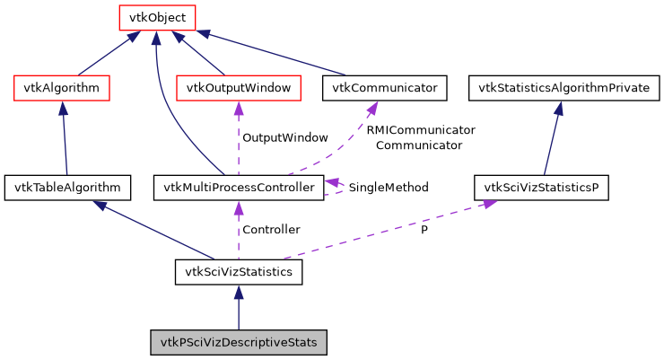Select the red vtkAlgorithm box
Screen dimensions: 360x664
pos(62,88)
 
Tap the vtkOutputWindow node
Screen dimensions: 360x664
pos(238,88)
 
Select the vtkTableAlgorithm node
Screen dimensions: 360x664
pos(67,188)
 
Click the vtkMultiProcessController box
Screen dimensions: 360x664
pos(238,188)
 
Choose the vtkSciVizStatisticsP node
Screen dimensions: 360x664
pos(541,188)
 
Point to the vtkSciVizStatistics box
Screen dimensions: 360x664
pos(238,272)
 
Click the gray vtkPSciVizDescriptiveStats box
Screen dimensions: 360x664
pos(238,342)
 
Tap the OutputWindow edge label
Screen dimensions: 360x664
pos(285,138)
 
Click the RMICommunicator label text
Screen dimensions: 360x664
pos(420,130)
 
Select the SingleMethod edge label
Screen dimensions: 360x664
pos(389,188)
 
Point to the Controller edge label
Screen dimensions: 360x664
pos(271,230)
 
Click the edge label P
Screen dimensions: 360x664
pos(424,230)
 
